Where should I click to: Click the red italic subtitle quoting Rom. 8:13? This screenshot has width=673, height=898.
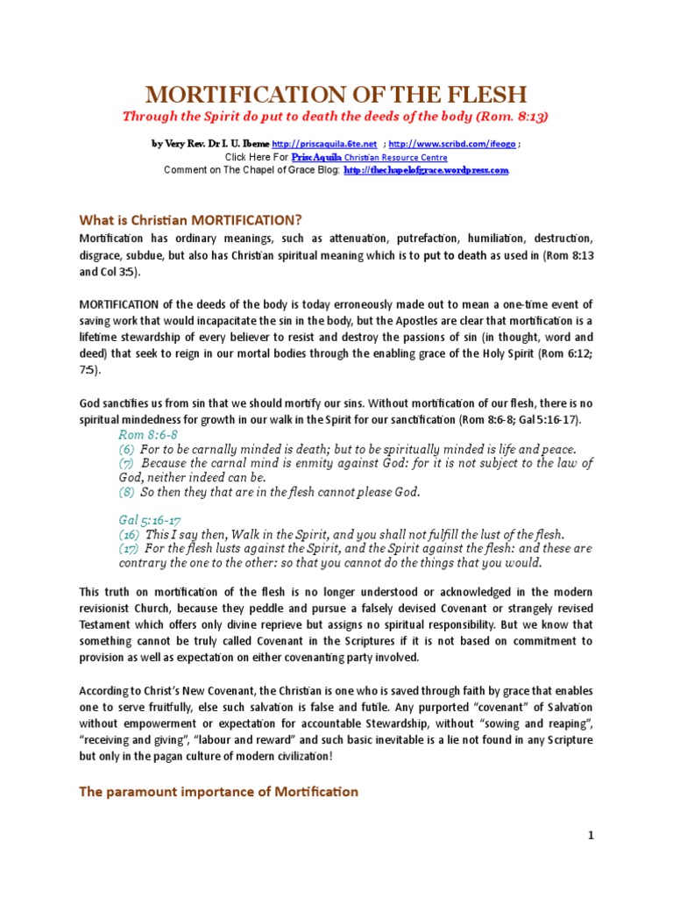point(336,116)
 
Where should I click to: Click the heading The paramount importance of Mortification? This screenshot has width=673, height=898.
point(218,791)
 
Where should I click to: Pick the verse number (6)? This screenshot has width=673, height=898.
point(127,449)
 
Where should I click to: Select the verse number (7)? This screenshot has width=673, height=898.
point(127,463)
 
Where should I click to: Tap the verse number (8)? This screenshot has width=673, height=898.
point(127,492)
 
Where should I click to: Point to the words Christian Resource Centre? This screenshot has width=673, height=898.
point(394,157)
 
